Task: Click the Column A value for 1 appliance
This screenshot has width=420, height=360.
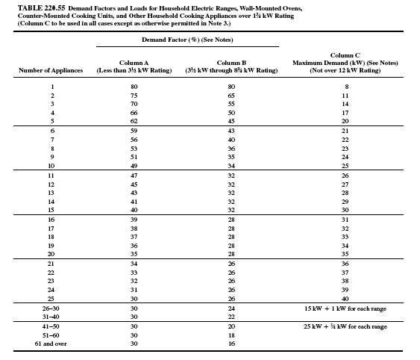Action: pyautogui.click(x=134, y=87)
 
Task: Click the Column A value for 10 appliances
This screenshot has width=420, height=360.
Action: pyautogui.click(x=134, y=165)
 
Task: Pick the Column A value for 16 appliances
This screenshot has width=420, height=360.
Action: pyautogui.click(x=134, y=219)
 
